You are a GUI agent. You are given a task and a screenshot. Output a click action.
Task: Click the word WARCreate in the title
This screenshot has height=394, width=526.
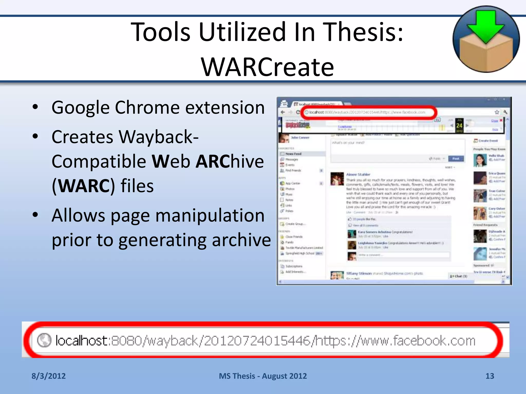[267, 67]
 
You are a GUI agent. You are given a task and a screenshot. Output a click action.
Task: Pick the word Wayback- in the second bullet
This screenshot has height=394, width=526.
[125, 137]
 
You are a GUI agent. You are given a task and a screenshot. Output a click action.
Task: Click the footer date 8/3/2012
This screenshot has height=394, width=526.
[49, 376]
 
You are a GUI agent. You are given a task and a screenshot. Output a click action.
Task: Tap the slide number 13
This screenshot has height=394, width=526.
[490, 376]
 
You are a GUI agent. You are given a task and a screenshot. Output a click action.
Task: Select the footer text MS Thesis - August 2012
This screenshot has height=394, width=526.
[263, 376]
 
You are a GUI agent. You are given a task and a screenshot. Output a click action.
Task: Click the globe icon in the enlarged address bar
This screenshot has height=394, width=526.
[44, 340]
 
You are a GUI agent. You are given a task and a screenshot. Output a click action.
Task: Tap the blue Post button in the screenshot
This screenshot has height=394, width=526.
[456, 159]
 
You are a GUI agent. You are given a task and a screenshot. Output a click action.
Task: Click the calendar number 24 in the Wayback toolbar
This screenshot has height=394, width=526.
[459, 125]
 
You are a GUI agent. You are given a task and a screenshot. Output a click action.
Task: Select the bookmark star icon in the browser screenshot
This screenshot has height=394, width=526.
[497, 112]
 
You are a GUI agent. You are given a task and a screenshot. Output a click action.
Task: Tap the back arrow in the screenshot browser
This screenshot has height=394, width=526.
[283, 112]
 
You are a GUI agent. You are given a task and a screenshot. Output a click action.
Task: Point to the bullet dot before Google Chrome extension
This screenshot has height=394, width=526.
[35, 107]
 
